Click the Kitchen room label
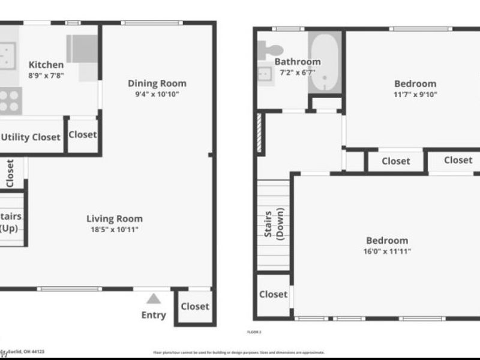click(x=46, y=65)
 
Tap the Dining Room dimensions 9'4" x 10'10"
click(x=157, y=94)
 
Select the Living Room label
click(x=114, y=219)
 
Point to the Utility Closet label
click(x=31, y=137)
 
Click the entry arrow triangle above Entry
click(x=154, y=299)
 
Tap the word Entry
click(x=154, y=315)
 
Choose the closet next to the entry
click(x=195, y=307)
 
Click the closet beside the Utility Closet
click(x=82, y=135)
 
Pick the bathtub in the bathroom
click(x=325, y=63)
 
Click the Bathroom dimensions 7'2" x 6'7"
click(x=298, y=73)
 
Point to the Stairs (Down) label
click(x=274, y=225)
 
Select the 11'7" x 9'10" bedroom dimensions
click(x=415, y=94)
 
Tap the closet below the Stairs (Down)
click(x=273, y=295)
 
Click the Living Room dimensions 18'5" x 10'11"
click(x=114, y=230)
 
